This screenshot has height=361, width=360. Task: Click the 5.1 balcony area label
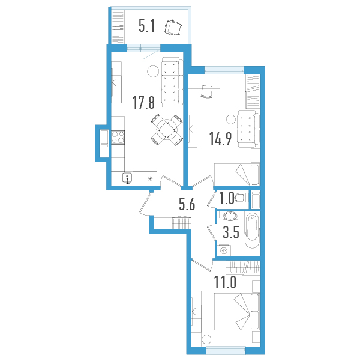[147, 26]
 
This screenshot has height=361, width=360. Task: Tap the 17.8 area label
[143, 103]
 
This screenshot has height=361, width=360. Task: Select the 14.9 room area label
[220, 139]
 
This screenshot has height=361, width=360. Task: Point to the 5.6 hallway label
[187, 204]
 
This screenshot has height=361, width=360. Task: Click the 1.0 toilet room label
[227, 198]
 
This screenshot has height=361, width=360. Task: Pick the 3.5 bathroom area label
[231, 232]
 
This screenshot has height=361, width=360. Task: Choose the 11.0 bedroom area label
[225, 282]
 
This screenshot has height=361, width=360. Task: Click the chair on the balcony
[173, 28]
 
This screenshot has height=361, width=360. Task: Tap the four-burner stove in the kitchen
[118, 138]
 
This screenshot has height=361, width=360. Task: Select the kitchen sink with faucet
[127, 178]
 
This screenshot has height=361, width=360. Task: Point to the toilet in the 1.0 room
[241, 198]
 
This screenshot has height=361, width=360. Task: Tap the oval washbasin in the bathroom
[230, 216]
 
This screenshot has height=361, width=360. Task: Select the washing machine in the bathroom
[224, 250]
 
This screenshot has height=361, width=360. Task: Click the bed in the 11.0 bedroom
[237, 311]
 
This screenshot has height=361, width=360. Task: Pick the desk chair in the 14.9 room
[206, 91]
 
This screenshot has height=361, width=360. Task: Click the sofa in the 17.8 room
[172, 82]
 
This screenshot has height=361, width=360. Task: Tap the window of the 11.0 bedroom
[226, 350]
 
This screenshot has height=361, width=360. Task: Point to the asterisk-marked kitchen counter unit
[150, 178]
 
